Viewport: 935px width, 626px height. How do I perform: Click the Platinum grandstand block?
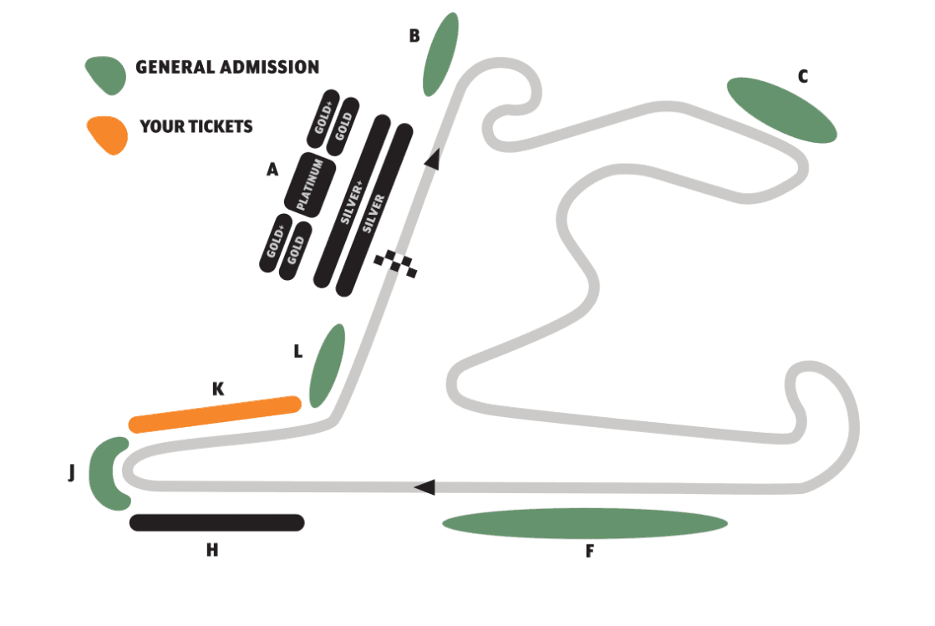click(310, 184)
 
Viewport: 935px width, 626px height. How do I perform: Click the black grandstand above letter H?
click(217, 522)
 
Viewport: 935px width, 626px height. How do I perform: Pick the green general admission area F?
click(584, 524)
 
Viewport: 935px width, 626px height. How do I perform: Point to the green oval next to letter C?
click(781, 109)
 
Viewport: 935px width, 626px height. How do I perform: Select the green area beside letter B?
click(440, 54)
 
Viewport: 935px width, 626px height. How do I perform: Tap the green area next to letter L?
click(327, 365)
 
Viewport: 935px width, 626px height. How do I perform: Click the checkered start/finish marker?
click(395, 263)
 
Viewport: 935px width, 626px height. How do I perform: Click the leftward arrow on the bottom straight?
click(424, 486)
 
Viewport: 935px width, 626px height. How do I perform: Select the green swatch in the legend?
click(106, 74)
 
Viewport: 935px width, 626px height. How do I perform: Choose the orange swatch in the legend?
click(107, 135)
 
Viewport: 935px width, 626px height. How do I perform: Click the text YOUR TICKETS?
click(196, 127)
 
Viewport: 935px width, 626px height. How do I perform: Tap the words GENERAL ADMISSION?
click(227, 67)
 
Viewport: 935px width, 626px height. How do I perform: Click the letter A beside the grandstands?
click(272, 170)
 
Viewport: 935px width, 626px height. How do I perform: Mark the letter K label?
click(218, 389)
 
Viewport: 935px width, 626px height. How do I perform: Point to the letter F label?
click(589, 552)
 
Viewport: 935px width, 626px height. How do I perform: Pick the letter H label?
click(212, 550)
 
